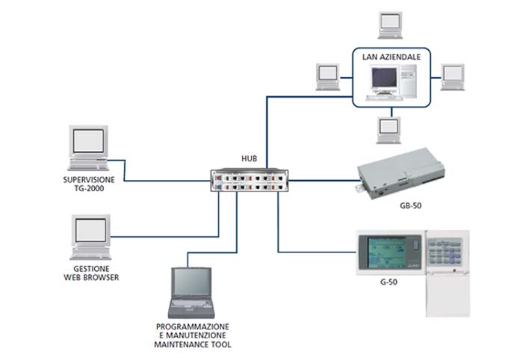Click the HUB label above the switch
[250, 159]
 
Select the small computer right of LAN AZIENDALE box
[452, 75]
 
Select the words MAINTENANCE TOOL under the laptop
[192, 345]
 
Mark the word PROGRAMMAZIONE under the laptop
[192, 327]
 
